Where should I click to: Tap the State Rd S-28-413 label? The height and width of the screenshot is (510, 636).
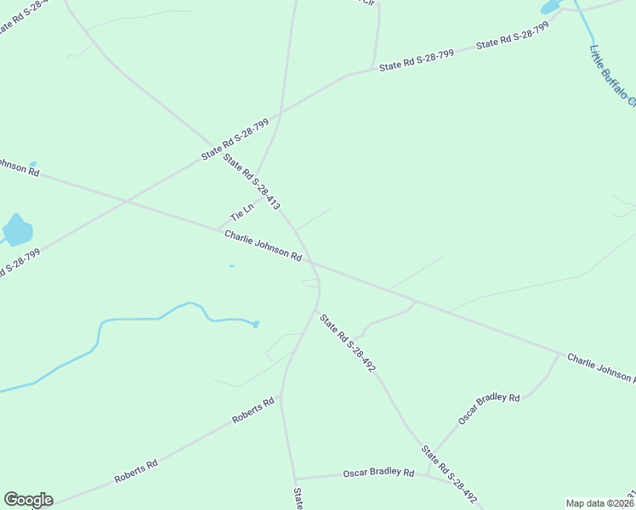pos(251,181)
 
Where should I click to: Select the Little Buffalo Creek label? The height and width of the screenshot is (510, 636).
pos(612,75)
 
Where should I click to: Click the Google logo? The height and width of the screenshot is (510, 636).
pos(28,500)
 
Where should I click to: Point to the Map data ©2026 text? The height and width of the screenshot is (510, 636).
pos(599,503)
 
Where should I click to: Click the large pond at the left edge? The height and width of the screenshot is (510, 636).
pos(16,229)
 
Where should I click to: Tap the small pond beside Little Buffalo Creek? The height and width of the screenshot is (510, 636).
pos(551,8)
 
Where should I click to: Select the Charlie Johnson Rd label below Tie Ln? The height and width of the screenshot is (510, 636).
pos(264,245)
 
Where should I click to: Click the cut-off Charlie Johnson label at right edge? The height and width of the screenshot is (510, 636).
pos(600,367)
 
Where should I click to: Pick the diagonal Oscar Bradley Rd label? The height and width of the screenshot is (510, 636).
pos(488,409)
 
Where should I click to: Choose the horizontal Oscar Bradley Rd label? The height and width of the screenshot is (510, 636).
pos(378,473)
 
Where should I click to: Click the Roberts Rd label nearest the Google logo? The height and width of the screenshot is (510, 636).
pos(136,472)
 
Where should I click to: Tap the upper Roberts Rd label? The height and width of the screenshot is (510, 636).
pos(254,410)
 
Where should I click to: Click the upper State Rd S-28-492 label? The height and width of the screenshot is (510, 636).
pos(347,343)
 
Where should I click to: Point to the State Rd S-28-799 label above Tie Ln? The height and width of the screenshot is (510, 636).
pos(235,139)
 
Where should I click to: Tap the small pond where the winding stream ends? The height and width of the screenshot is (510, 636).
pos(256,324)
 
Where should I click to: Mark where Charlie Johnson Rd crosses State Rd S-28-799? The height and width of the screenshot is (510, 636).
pos(126,201)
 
